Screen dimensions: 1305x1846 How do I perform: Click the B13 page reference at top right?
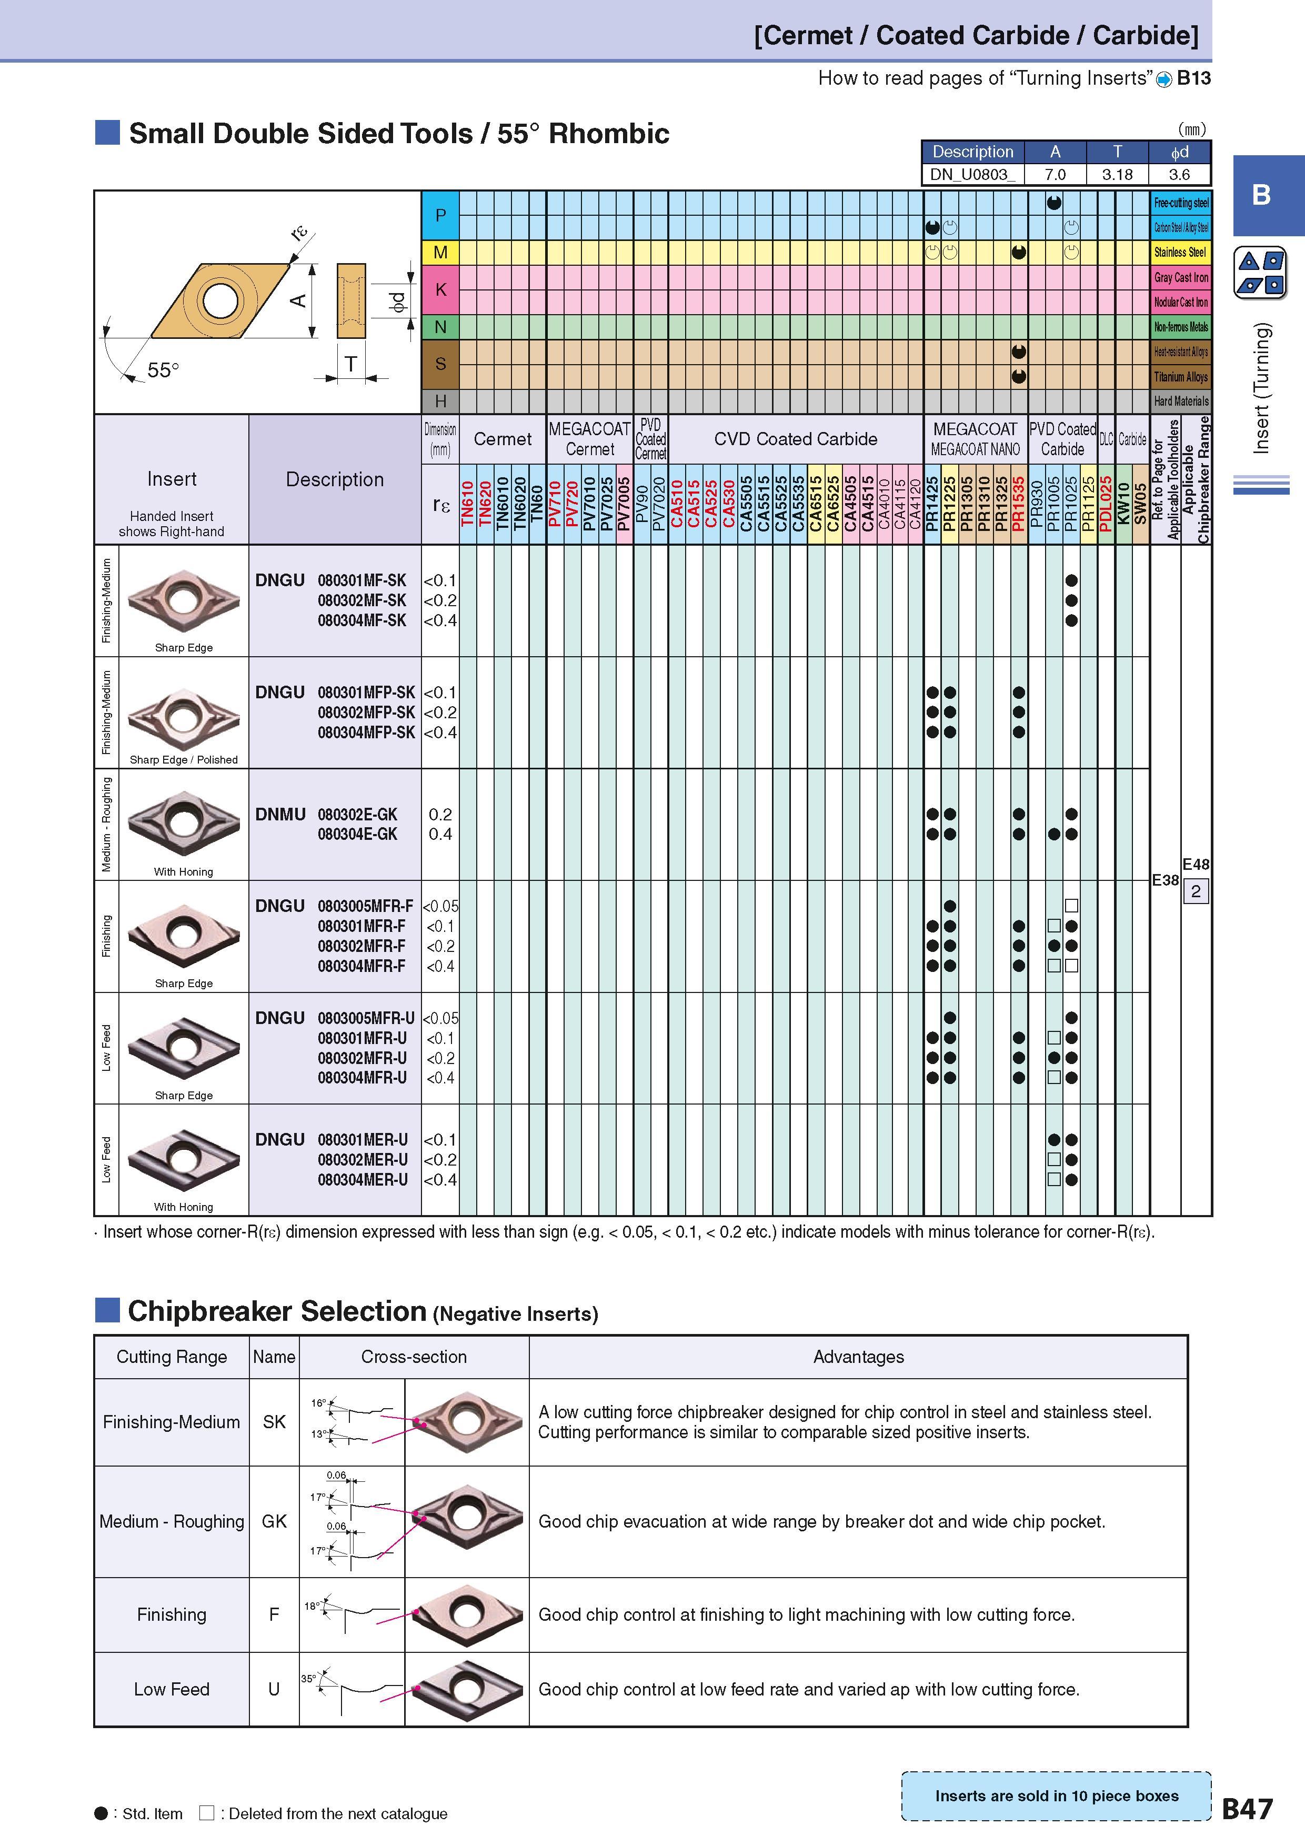[1193, 78]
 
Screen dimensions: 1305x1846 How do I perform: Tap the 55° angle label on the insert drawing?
[163, 370]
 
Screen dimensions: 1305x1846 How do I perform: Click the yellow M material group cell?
[440, 253]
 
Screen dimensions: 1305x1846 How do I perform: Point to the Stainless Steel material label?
[1180, 253]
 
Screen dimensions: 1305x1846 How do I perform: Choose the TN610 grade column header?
[468, 503]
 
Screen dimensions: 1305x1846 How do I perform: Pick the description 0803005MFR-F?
[365, 906]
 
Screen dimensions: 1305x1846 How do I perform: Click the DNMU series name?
[280, 815]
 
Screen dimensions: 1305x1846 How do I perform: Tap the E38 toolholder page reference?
[1165, 879]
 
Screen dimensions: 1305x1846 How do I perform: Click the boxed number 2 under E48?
[1196, 891]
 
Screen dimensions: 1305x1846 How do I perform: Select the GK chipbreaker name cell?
[274, 1521]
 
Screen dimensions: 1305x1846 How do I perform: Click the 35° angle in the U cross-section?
[308, 1679]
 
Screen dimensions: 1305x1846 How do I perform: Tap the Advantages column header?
[858, 1357]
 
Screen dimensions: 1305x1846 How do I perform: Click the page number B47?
[1247, 1809]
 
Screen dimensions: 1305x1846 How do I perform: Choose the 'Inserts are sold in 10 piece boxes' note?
[1057, 1796]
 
